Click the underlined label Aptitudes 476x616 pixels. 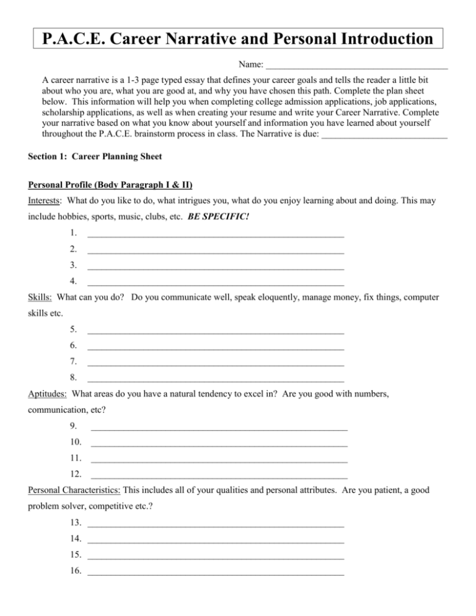click(48, 393)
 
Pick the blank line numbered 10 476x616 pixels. click(219, 444)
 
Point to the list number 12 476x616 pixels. click(76, 474)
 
